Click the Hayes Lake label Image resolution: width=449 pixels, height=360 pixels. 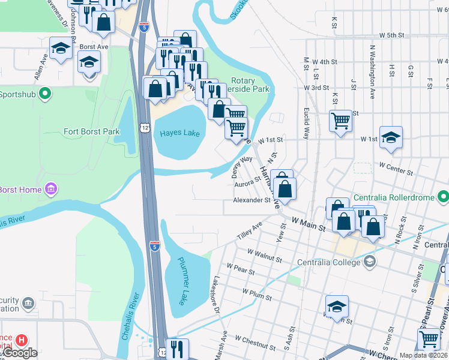pos(179,133)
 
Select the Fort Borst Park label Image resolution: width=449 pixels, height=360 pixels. pos(92,131)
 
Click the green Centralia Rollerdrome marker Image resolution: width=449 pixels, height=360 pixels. pos(443,196)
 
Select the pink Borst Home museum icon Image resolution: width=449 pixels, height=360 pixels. pos(51,190)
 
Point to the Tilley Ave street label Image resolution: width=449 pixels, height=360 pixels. pos(250,231)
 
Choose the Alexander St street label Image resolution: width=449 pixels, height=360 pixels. pos(252,200)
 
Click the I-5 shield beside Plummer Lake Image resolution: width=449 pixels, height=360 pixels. pos(155,244)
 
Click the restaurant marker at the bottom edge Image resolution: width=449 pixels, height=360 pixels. pos(176,349)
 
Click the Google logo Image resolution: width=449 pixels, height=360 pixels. pos(21,352)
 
